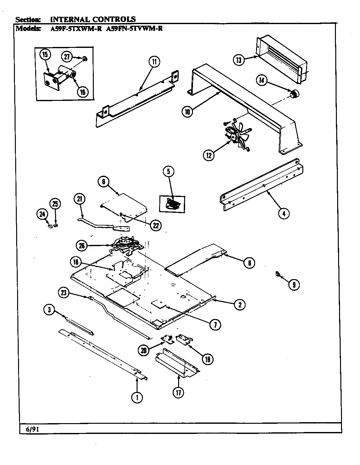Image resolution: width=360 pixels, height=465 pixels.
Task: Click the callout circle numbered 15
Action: tap(45, 55)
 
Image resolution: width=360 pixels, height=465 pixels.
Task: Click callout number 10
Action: tap(188, 111)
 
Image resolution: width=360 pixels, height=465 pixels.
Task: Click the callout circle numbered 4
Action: tap(284, 213)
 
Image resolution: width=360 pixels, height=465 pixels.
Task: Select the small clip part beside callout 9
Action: tap(278, 273)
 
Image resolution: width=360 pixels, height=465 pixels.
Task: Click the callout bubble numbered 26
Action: tap(82, 245)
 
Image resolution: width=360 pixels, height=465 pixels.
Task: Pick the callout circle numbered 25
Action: tap(55, 204)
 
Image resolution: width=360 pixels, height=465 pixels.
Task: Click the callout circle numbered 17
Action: tap(178, 392)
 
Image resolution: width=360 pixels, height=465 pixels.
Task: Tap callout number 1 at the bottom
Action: tap(137, 397)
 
